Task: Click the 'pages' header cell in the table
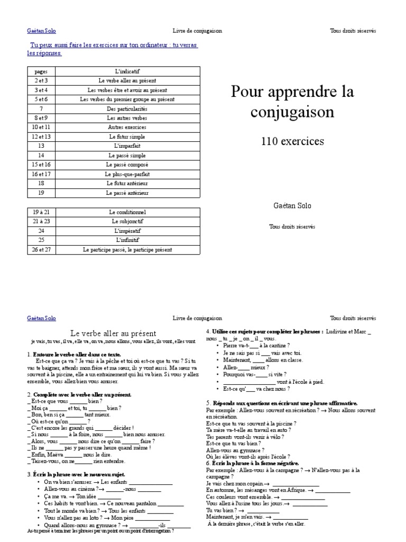pyautogui.click(x=41, y=71)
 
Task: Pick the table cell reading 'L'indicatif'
pyautogui.click(x=127, y=71)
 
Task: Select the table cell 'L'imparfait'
pyautogui.click(x=127, y=146)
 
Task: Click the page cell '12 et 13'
pyautogui.click(x=41, y=137)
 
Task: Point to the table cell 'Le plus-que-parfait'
pyautogui.click(x=127, y=174)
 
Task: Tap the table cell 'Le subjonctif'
pyautogui.click(x=127, y=221)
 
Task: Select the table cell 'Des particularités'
pyautogui.click(x=127, y=109)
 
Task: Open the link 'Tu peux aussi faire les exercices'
pyautogui.click(x=114, y=46)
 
